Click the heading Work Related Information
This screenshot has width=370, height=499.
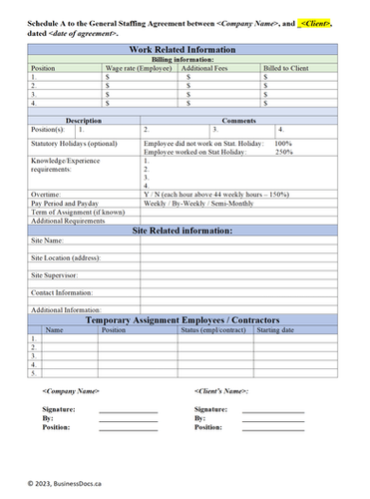pos(185,50)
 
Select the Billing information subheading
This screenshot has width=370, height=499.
pos(185,59)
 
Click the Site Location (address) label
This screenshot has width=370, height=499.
pos(69,257)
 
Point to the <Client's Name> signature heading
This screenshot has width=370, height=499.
pos(221,391)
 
